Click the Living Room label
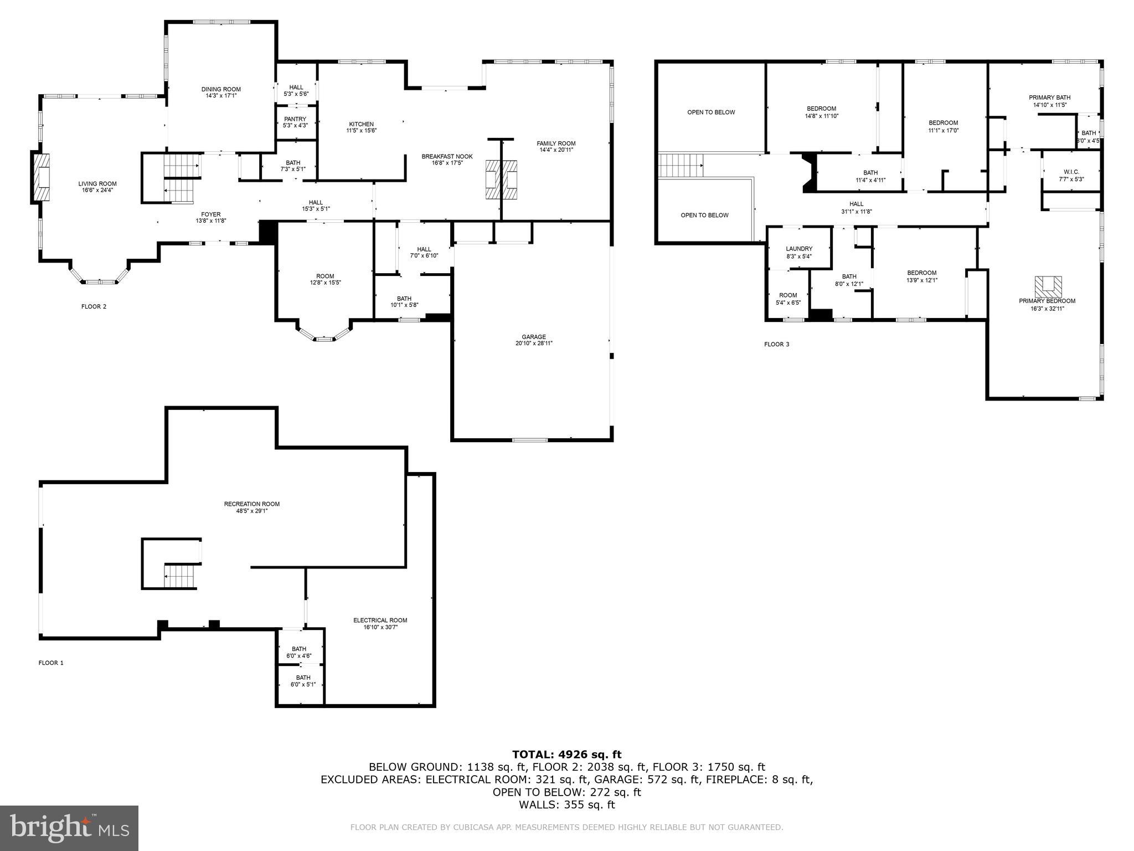click(97, 184)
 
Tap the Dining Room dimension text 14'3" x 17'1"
click(221, 96)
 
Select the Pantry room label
click(295, 119)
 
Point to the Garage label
click(534, 337)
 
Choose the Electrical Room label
click(380, 621)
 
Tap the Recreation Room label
click(251, 504)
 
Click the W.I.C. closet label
click(1071, 172)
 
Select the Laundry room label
click(799, 249)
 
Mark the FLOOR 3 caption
click(776, 345)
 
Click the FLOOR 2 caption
click(94, 307)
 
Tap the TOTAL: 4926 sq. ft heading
click(566, 755)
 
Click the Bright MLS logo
click(69, 828)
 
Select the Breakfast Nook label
click(447, 157)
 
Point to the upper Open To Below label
click(711, 112)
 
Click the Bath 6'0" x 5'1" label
click(303, 678)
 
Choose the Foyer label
click(210, 214)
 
